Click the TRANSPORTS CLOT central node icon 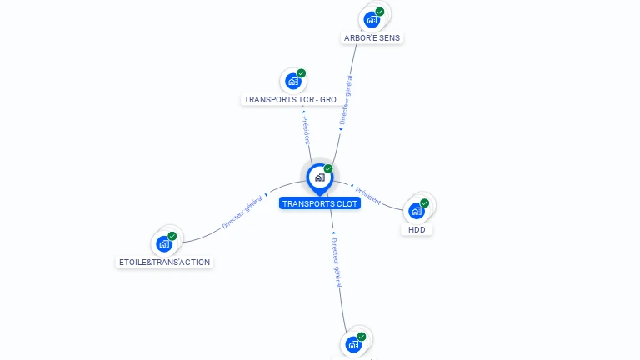tap(319, 177)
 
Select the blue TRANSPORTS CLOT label tap(320, 203)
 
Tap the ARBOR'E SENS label tap(373, 38)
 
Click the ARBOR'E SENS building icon tap(372, 19)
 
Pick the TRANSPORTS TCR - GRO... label tap(293, 99)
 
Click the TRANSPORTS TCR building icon tap(292, 81)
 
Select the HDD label tap(417, 229)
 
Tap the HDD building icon tap(417, 211)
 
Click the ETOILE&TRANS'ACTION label tap(164, 262)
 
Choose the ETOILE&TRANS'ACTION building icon tap(163, 244)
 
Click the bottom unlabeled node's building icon tap(353, 344)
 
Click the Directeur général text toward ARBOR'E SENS tap(346, 100)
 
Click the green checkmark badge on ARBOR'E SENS tap(380, 12)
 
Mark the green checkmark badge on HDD tap(425, 203)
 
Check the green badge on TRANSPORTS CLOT tap(328, 169)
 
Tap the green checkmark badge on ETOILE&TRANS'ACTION tap(172, 236)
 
